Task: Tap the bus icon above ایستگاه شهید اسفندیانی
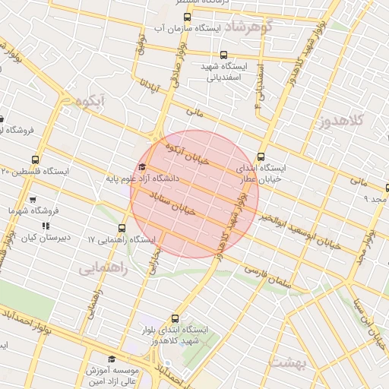(223, 55)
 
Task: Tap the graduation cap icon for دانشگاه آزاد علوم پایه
(142, 167)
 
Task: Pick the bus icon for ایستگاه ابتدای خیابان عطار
(261, 155)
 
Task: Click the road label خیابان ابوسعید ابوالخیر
(293, 228)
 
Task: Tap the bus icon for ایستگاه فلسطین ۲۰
(6, 172)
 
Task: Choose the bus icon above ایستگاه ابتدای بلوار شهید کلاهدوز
(176, 318)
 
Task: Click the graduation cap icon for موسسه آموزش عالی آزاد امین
(112, 359)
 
